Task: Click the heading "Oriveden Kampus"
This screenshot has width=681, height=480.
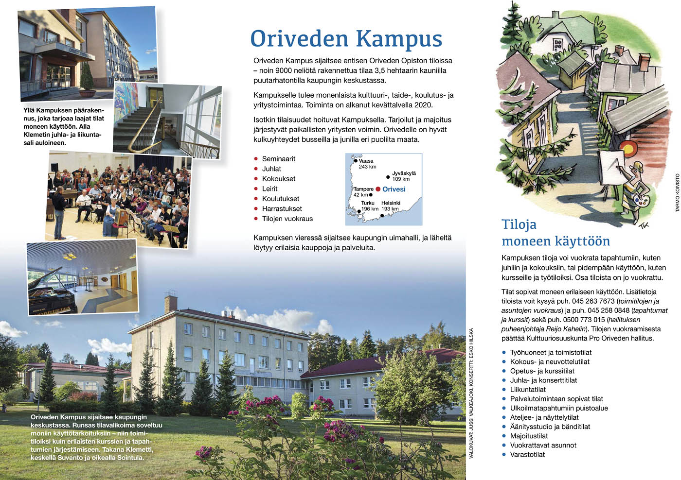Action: pyautogui.click(x=346, y=39)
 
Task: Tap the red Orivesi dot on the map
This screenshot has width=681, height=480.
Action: pyautogui.click(x=378, y=189)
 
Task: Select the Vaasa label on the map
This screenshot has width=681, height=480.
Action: pyautogui.click(x=366, y=161)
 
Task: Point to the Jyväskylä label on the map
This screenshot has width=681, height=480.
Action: pyautogui.click(x=404, y=173)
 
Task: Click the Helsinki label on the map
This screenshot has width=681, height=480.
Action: pyautogui.click(x=391, y=203)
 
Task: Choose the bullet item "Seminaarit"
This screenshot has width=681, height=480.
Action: pyautogui.click(x=278, y=159)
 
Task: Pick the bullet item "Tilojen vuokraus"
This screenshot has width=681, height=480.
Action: pyautogui.click(x=287, y=219)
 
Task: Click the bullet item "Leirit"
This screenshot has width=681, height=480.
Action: pyautogui.click(x=269, y=189)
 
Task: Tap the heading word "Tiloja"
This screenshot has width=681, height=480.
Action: pyautogui.click(x=519, y=224)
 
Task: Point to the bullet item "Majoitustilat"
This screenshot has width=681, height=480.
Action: pyautogui.click(x=529, y=436)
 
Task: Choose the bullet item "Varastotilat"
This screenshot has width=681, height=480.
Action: pyautogui.click(x=527, y=454)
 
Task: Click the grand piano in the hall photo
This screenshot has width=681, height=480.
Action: pyautogui.click(x=49, y=291)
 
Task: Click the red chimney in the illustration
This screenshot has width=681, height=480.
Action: pyautogui.click(x=644, y=62)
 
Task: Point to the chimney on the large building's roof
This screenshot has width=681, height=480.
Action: pyautogui.click(x=170, y=303)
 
